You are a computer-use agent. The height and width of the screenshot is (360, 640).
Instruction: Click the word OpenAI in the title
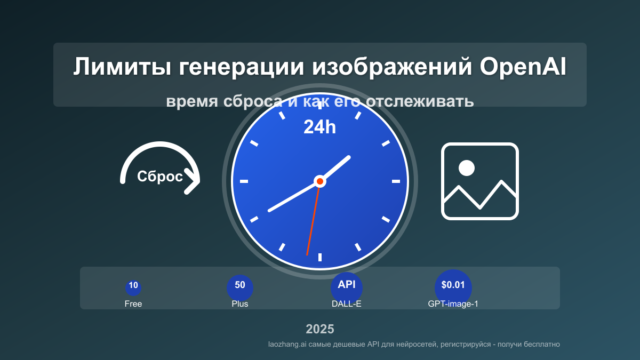coord(523,68)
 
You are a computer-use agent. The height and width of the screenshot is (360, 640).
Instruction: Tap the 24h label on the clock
coord(319,127)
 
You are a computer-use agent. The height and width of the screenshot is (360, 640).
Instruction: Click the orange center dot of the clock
coord(320,181)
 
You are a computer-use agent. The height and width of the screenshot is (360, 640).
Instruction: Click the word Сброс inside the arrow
coord(159,177)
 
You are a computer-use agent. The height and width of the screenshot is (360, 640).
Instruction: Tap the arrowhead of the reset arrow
coord(193,182)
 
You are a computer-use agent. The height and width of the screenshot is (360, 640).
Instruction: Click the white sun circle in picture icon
coord(467,168)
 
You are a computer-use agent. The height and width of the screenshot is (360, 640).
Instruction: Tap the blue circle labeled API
coord(347,286)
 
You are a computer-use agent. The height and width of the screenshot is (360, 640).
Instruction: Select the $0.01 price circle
coord(453,286)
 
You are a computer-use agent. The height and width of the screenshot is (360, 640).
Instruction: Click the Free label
coord(133,304)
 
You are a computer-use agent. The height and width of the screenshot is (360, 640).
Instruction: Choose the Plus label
coord(240,304)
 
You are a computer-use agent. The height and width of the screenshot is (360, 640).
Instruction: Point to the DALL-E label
coord(347,304)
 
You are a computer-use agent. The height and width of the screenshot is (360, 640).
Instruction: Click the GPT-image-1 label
coord(453,304)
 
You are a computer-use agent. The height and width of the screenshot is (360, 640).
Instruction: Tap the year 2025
coord(320,329)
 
